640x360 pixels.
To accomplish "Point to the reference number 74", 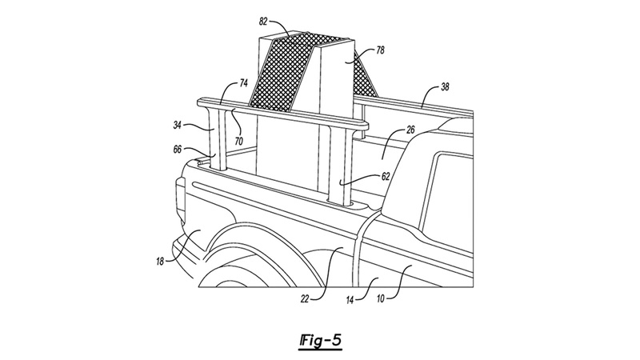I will (244, 82).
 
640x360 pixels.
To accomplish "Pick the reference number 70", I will (239, 140).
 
